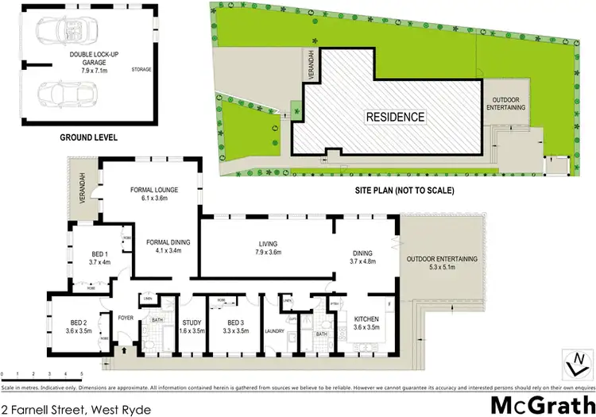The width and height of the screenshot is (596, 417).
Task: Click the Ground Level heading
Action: point(88,137)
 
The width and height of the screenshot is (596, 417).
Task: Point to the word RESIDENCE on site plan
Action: point(395,117)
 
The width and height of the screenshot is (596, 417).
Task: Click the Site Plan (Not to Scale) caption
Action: point(404,191)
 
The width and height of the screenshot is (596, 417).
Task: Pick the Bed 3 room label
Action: point(230,326)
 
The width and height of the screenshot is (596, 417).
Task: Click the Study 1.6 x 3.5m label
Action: point(191,326)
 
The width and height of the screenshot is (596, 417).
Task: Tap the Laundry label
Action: point(275,332)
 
